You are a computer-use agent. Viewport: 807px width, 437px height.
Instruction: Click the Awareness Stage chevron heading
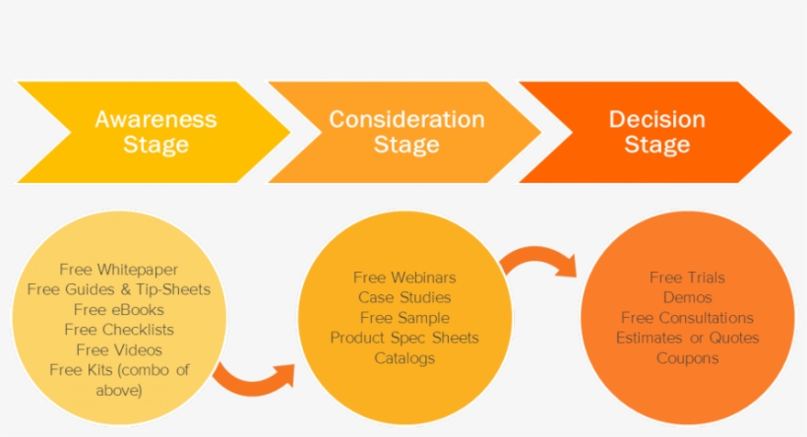155,132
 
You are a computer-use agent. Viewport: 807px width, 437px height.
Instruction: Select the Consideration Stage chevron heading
406,132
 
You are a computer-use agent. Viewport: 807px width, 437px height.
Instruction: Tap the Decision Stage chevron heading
656,132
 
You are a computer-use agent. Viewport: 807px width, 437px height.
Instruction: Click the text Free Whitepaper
119,269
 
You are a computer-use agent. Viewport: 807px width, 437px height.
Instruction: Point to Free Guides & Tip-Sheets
119,289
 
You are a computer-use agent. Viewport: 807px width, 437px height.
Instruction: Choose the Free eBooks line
119,309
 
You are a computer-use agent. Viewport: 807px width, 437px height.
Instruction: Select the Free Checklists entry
119,330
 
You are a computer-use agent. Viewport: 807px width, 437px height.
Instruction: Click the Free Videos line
119,349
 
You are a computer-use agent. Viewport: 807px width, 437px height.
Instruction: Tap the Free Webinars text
404,278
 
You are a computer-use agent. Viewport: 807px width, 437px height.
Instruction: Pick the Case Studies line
404,297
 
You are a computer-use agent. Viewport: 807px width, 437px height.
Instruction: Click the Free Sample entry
404,318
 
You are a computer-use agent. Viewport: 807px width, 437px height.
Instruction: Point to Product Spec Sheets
404,338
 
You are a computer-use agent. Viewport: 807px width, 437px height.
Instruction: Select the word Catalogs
404,358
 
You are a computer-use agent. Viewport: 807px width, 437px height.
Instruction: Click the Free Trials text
688,278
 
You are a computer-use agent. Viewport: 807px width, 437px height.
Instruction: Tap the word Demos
688,297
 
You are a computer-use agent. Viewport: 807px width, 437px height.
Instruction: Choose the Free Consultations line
688,318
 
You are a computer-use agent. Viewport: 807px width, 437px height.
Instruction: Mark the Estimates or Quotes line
688,338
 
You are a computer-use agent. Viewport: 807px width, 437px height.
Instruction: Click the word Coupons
688,358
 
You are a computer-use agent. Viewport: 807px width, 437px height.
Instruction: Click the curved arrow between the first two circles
252,380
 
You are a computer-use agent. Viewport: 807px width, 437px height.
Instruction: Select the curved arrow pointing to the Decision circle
537,262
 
